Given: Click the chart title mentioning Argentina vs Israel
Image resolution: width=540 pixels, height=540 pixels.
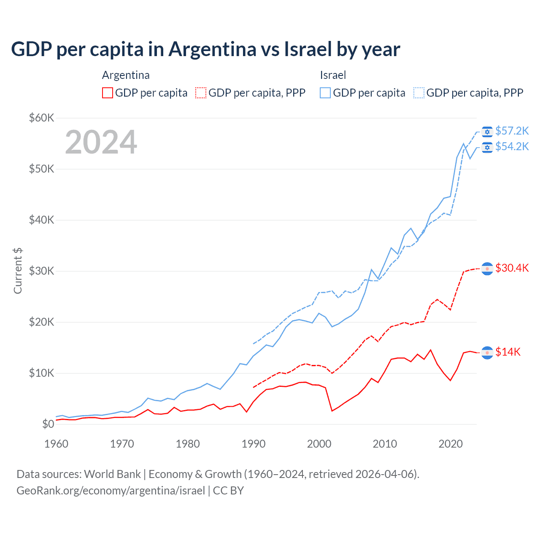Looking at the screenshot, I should tap(205, 49).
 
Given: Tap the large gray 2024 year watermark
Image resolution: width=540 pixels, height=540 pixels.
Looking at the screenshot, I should tap(101, 143).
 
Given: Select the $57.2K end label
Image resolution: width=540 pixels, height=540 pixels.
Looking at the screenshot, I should tap(512, 131).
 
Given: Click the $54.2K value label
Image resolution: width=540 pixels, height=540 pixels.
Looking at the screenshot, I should tap(512, 146).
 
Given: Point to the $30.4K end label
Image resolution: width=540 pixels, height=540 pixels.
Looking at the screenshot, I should tap(512, 268).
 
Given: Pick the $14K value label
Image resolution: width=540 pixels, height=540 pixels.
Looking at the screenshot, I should tap(508, 352).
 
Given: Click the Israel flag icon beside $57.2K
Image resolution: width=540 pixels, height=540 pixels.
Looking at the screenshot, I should tap(487, 132).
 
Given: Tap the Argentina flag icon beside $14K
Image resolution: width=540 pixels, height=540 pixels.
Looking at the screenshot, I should tap(487, 352).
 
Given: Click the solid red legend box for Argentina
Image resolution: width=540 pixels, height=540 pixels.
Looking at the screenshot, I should tap(108, 93).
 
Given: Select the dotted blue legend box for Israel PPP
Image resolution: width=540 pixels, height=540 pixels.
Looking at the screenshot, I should tap(419, 93).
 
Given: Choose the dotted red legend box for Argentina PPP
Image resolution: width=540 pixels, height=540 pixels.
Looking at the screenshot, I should tap(201, 93).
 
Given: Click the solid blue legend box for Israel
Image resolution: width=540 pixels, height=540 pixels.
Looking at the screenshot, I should tap(325, 93).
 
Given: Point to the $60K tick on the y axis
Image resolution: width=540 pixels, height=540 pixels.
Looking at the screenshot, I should tap(41, 118).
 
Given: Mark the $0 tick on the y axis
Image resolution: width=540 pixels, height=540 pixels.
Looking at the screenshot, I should tap(48, 424).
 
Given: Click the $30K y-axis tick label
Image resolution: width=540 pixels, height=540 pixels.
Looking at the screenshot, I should tap(41, 271).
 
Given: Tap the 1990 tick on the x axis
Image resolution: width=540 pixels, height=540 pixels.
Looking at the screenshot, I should tap(254, 444).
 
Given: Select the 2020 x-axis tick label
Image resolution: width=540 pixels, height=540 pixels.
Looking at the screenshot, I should tap(451, 444).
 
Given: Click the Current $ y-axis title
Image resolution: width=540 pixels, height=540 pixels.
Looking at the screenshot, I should tap(18, 271).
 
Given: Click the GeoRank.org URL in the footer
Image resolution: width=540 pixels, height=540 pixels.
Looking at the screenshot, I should tap(111, 491).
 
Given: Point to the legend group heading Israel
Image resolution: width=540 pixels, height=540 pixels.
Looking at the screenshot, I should tap(333, 75).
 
